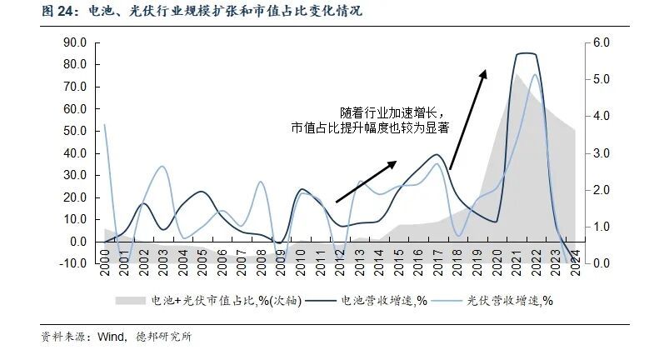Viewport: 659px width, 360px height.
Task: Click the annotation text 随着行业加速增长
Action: tap(387, 112)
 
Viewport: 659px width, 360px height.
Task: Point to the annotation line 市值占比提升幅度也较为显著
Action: tap(370, 127)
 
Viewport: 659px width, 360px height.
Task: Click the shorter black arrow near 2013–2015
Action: tap(367, 182)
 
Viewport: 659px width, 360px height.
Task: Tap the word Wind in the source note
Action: tap(112, 337)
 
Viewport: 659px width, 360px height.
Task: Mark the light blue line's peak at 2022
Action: tap(534, 52)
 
